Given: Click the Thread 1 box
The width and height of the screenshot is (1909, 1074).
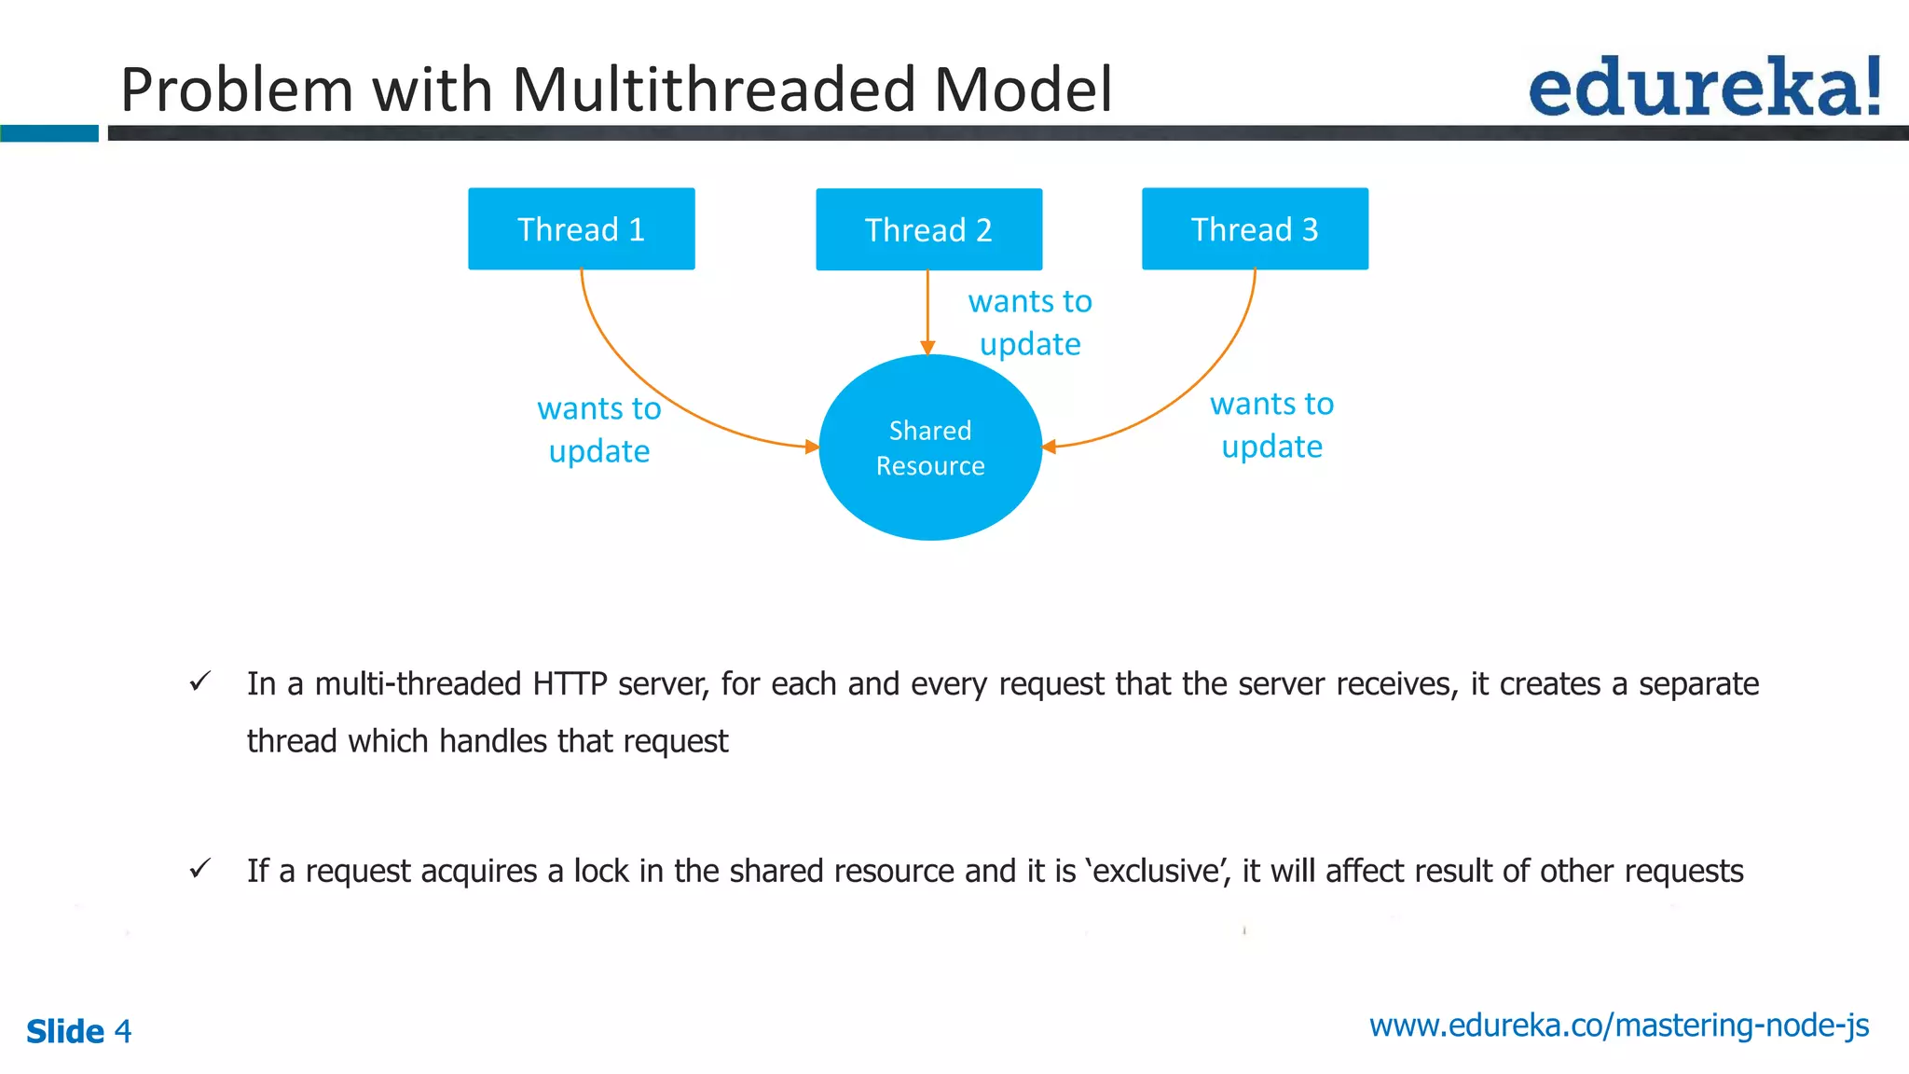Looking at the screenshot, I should (581, 229).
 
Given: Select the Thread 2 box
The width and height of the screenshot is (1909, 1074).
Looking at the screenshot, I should (928, 230).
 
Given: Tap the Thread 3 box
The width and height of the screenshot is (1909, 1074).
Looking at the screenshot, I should (1255, 229).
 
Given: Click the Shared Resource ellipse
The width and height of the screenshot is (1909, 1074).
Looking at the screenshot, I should (929, 447).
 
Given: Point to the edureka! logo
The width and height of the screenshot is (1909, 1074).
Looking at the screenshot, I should (1704, 88).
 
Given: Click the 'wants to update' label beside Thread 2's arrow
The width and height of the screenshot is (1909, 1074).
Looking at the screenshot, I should (1029, 323).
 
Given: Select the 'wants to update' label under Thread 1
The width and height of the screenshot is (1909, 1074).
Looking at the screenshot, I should (598, 430).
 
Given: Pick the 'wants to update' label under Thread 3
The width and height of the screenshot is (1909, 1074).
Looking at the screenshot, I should (1271, 425).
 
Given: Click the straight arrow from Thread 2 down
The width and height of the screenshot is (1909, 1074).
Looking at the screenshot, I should (927, 308).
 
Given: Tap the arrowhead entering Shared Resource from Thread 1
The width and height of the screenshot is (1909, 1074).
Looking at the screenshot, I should (812, 447).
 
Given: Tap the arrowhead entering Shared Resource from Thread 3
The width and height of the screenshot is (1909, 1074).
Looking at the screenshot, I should (1049, 447).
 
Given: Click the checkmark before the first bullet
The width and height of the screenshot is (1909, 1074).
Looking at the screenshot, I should (199, 682).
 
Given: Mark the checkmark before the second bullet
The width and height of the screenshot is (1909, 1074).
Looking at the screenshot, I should (199, 869).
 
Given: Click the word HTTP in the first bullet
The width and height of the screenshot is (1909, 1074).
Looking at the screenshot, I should (570, 684).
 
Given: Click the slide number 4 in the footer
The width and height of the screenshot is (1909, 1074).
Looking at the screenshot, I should (123, 1032).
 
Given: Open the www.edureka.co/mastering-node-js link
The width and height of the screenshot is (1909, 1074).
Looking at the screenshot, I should (1618, 1026).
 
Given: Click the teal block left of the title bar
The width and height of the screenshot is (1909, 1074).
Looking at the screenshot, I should (48, 133).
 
